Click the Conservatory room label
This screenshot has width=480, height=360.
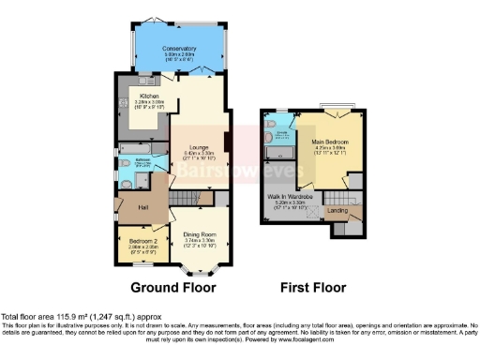tap(178, 48)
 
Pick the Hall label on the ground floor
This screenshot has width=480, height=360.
tap(144, 205)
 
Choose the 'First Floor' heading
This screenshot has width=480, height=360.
tap(311, 287)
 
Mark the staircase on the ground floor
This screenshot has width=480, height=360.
tap(192, 198)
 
